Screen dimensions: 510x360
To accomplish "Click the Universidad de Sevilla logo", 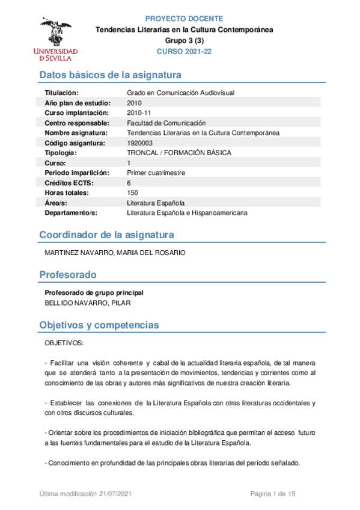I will click(x=56, y=39).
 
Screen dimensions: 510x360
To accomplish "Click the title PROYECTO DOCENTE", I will click(x=185, y=19).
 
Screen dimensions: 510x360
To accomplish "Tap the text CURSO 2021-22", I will click(x=184, y=52).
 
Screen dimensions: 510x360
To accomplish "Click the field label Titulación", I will click(x=62, y=93).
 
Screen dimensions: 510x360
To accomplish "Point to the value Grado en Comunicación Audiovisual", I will click(x=180, y=93).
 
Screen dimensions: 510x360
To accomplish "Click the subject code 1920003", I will click(x=139, y=143).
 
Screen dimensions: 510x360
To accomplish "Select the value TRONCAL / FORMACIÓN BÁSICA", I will click(x=178, y=153).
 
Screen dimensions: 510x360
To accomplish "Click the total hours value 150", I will click(x=133, y=193).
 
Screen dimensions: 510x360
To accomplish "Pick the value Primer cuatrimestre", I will click(x=156, y=173).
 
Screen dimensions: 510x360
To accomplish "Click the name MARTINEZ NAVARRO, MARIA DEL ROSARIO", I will click(x=115, y=253).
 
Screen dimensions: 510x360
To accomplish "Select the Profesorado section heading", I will click(x=68, y=275).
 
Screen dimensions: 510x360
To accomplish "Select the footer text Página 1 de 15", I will click(x=272, y=494).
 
